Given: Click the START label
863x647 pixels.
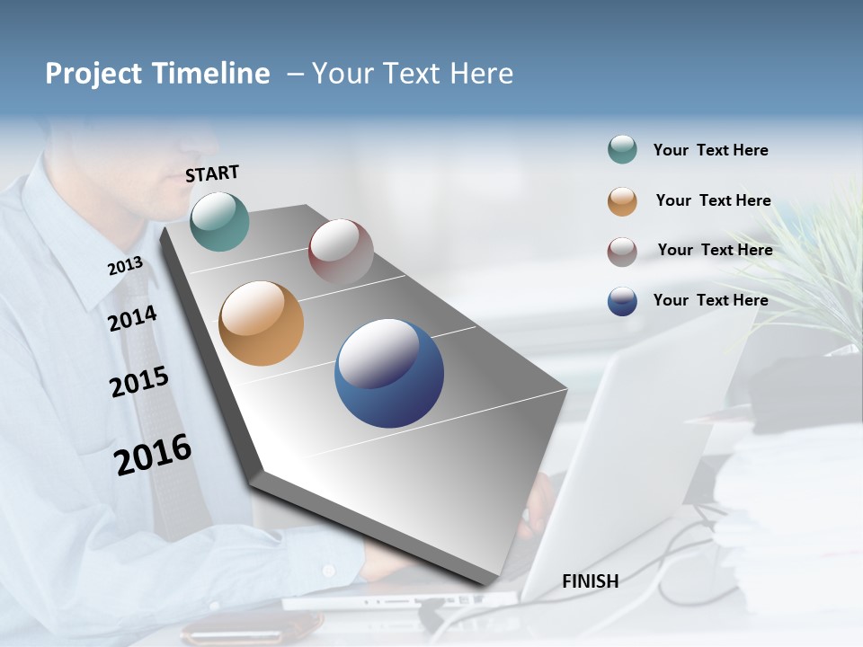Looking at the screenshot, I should point(212,173).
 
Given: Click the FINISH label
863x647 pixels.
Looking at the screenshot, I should point(590,581).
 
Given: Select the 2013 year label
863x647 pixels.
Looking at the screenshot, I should point(125,266).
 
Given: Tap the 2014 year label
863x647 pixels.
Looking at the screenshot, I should point(132,318).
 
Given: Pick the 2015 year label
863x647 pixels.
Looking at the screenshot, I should point(138,382).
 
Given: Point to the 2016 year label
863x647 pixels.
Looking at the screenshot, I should point(153,455).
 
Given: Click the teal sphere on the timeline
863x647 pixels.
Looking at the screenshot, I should point(219,221).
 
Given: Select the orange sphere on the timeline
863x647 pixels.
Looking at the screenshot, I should point(261,323).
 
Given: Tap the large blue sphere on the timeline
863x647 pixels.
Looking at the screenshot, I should point(389,373).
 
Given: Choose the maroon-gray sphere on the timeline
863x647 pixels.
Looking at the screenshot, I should point(341,251).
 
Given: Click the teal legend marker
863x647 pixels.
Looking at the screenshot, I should point(622,150).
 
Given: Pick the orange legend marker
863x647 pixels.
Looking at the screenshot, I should point(622,201).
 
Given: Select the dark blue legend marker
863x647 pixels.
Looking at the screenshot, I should point(622,301).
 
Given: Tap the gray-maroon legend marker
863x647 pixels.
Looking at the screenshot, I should point(622,252).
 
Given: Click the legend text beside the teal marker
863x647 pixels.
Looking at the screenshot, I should point(710,150).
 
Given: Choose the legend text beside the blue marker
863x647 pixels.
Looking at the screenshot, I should point(710,300).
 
